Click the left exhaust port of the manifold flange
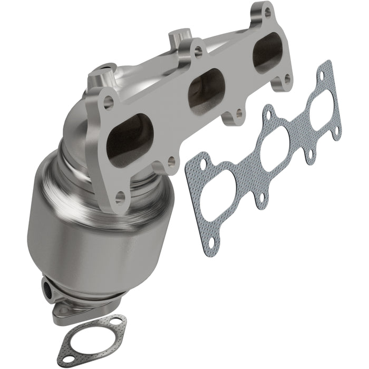(130, 140)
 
